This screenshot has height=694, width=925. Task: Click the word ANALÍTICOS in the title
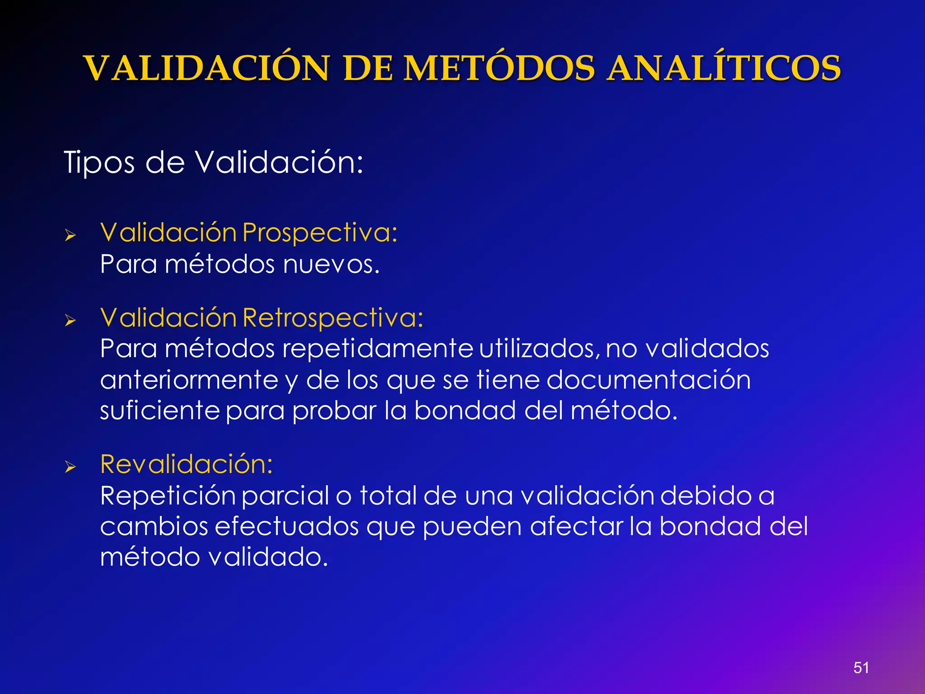tap(724, 69)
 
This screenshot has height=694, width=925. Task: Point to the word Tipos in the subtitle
tap(99, 163)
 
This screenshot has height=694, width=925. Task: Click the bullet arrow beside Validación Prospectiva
tap(70, 235)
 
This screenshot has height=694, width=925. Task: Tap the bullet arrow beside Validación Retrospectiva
tap(70, 321)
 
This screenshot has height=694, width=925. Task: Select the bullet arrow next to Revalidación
tap(70, 467)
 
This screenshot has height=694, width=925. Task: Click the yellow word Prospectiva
tap(320, 233)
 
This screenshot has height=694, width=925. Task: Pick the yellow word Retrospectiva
tap(333, 318)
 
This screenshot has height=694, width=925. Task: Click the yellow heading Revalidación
tap(187, 464)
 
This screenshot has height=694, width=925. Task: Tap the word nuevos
tap(331, 264)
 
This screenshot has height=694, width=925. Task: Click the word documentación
tap(649, 380)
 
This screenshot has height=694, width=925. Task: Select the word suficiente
tap(160, 411)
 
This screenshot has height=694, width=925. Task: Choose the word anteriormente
tap(189, 380)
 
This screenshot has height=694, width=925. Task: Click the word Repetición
tap(168, 496)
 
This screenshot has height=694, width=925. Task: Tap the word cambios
tap(154, 527)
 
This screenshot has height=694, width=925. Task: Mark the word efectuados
tap(286, 527)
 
